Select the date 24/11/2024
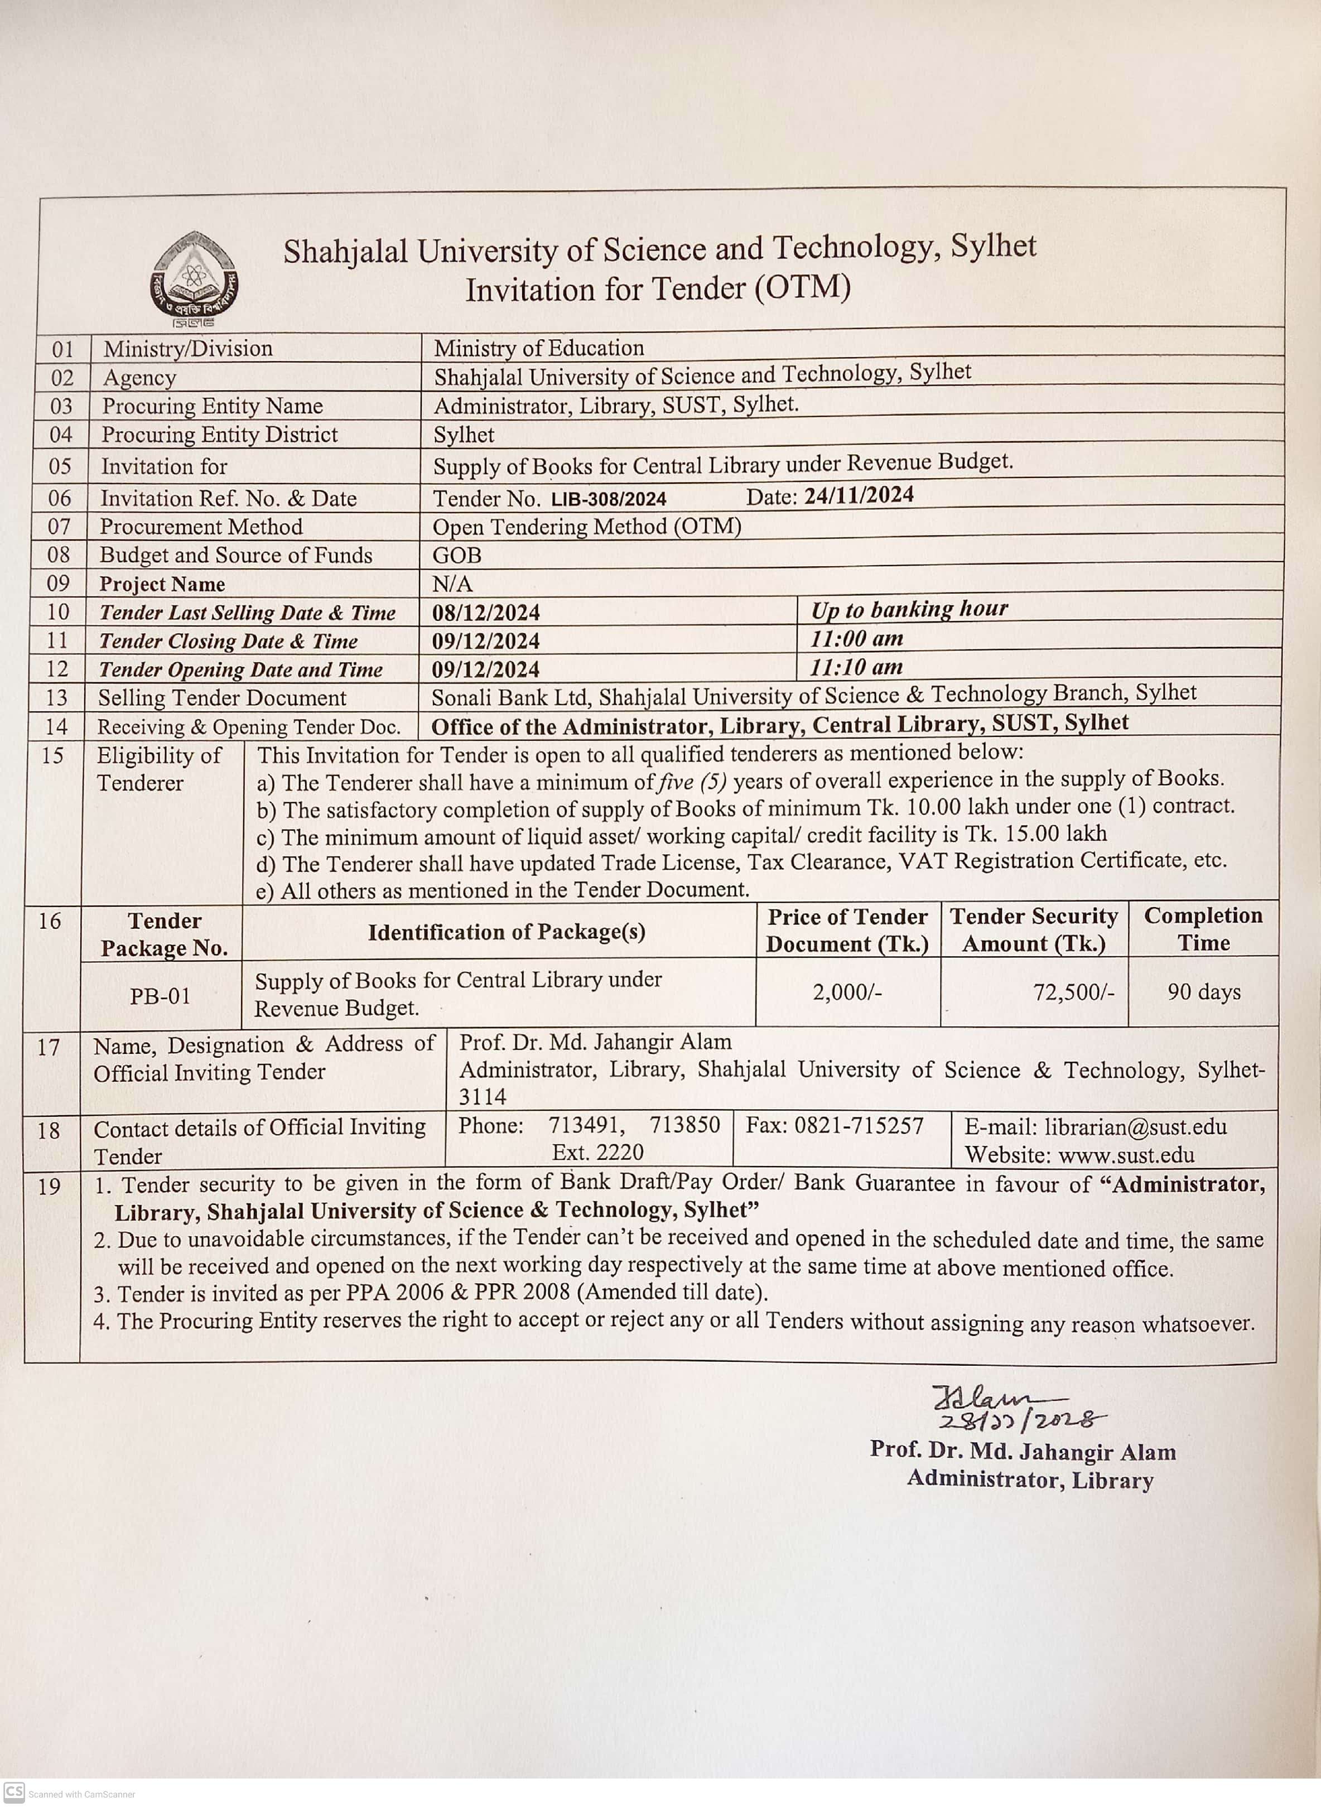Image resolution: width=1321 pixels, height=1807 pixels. pyautogui.click(x=859, y=496)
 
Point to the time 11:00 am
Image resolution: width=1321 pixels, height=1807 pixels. pyautogui.click(x=856, y=639)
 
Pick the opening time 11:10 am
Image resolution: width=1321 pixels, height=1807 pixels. pyautogui.click(x=856, y=667)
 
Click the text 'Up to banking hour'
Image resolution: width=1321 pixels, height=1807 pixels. pyautogui.click(x=909, y=609)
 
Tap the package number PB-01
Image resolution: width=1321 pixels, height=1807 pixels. pyautogui.click(x=160, y=996)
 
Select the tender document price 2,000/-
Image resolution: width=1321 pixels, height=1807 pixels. pyautogui.click(x=847, y=992)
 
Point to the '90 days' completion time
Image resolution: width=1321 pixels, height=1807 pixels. pyautogui.click(x=1203, y=992)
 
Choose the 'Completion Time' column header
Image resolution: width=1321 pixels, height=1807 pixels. pyautogui.click(x=1203, y=929)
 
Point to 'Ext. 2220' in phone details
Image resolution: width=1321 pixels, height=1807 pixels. pyautogui.click(x=597, y=1152)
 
